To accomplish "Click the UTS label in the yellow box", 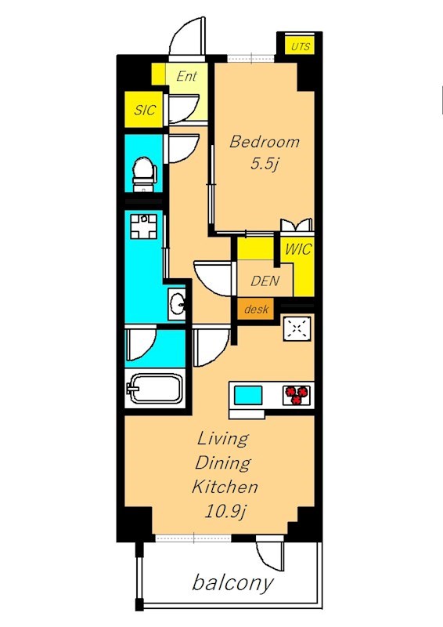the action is [x=300, y=46].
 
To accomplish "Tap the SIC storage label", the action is [x=145, y=110].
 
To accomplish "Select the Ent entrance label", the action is [x=187, y=76].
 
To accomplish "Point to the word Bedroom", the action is [x=265, y=142].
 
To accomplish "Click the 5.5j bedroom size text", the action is [x=264, y=164].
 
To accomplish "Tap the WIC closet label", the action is [x=298, y=249].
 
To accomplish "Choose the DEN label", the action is [x=265, y=281].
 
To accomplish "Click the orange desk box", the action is [x=256, y=309].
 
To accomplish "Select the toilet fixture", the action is [x=144, y=175].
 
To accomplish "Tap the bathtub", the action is [x=155, y=388].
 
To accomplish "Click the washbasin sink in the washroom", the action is [x=177, y=304].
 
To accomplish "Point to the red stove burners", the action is [x=297, y=395].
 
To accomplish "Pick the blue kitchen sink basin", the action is [x=248, y=395].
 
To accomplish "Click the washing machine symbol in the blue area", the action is [x=144, y=227].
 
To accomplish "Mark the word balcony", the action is [x=233, y=582].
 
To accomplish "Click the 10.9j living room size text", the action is [x=225, y=512].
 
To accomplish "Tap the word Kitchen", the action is [x=225, y=487].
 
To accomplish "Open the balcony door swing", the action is [x=270, y=555].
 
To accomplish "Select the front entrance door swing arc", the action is [x=187, y=37].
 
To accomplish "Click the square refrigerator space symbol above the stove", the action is [x=297, y=328].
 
